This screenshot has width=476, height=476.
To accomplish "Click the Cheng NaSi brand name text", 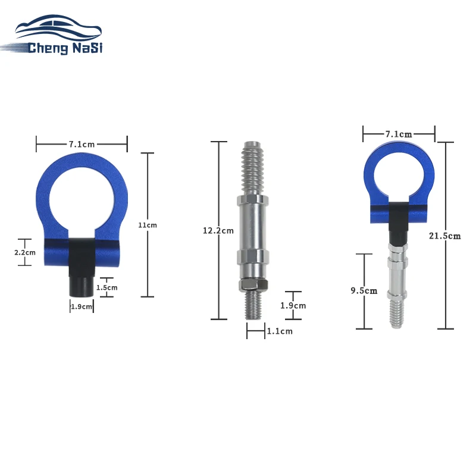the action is pyautogui.click(x=65, y=48).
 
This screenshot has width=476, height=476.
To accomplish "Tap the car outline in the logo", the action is pyautogui.click(x=58, y=27).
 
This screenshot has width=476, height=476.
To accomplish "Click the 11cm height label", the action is pyautogui.click(x=148, y=225).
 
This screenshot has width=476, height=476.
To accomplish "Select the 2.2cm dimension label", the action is pyautogui.click(x=25, y=252).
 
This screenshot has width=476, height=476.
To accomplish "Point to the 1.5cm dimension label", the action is pyautogui.click(x=107, y=287).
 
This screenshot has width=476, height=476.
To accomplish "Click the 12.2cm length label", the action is pyautogui.click(x=218, y=231).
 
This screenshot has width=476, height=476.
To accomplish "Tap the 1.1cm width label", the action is pyautogui.click(x=280, y=331).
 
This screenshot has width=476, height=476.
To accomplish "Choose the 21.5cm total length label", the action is pyautogui.click(x=444, y=236).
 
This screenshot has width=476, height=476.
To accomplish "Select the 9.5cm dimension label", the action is pyautogui.click(x=364, y=290).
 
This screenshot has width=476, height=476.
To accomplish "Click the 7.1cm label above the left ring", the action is pyautogui.click(x=82, y=144).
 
